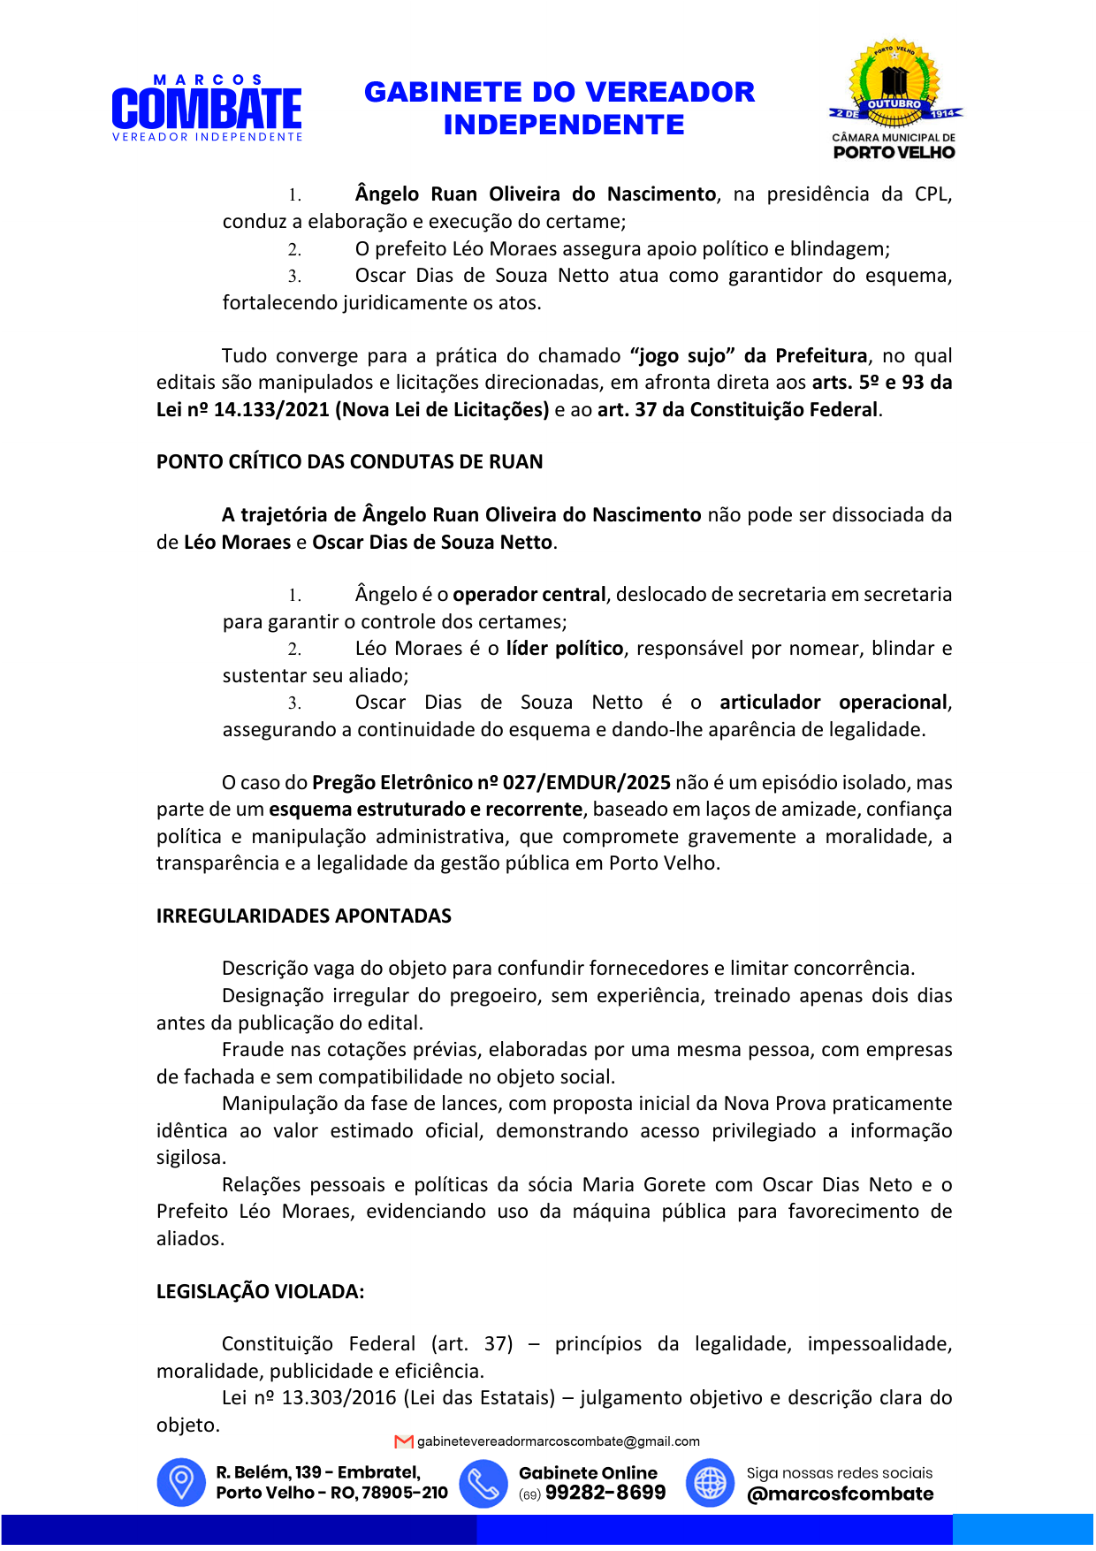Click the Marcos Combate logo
click(207, 109)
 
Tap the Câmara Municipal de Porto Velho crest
click(894, 99)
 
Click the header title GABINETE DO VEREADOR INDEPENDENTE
click(559, 108)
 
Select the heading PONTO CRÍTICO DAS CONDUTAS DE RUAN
click(349, 462)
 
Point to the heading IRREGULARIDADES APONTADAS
click(303, 916)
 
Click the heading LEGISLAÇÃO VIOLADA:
click(260, 1292)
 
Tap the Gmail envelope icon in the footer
click(404, 1441)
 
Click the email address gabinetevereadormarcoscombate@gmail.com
click(558, 1441)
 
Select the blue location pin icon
click(181, 1482)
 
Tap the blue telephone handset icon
click(483, 1482)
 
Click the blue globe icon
click(710, 1482)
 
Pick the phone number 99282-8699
click(605, 1493)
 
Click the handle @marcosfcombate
click(840, 1494)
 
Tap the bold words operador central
click(529, 595)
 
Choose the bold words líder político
click(565, 649)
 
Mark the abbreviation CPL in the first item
click(931, 194)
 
